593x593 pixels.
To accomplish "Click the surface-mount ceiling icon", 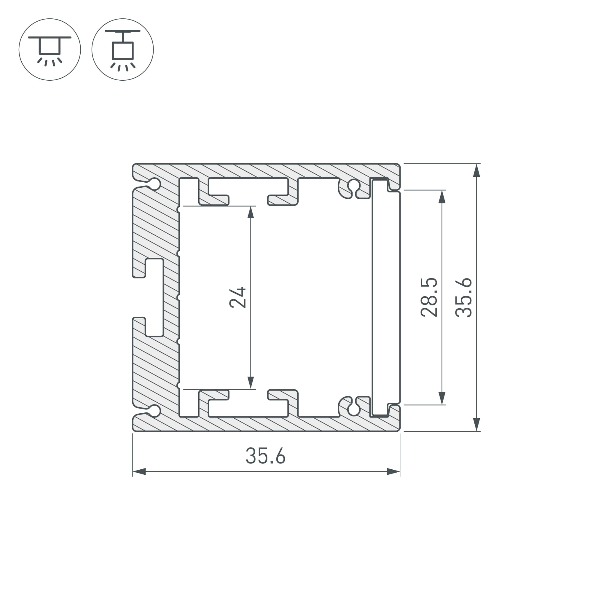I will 50,50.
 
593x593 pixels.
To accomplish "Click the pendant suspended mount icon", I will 122,50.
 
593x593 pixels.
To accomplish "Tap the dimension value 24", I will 237,297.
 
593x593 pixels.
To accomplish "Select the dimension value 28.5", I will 429,297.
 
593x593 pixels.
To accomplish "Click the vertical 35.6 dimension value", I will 463,297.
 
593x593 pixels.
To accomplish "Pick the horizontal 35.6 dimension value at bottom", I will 266,456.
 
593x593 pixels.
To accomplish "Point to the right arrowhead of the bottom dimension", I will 393,472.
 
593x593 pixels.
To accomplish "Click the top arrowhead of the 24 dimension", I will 251,212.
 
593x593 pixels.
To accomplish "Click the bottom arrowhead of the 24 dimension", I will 251,382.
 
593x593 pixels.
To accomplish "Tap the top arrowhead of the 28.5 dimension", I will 442,197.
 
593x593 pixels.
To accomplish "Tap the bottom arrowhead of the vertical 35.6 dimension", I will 476,424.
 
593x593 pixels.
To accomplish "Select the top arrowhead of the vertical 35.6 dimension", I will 476,171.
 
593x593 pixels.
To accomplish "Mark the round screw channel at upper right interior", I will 354,185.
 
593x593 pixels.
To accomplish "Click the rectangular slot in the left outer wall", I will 154,297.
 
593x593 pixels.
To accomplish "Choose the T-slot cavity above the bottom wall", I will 248,409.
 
